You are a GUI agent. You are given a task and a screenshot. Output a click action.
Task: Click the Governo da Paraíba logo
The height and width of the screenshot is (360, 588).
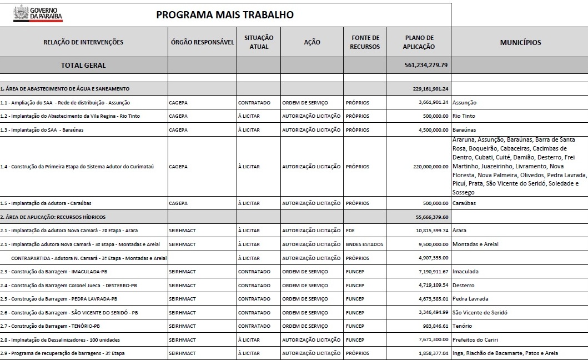38,13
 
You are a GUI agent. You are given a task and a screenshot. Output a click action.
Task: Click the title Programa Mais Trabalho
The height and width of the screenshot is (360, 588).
225,14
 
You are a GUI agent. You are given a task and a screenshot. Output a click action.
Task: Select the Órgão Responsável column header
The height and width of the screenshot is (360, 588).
202,42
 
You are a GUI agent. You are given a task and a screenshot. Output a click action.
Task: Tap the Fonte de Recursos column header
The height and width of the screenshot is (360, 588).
365,42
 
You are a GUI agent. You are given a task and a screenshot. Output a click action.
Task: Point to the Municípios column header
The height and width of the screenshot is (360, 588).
520,42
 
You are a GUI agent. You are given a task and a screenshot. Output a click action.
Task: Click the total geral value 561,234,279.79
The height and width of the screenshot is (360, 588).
426,65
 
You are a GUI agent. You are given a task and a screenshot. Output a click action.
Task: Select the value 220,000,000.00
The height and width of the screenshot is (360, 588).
426,167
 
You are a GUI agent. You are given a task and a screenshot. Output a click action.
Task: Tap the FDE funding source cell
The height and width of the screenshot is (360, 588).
350,231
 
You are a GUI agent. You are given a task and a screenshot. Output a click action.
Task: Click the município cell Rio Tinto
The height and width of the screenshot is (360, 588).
464,116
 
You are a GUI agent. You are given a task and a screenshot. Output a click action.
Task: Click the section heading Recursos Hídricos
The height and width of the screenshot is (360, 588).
53,217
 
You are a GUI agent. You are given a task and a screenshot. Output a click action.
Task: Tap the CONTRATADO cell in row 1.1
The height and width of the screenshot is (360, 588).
254,103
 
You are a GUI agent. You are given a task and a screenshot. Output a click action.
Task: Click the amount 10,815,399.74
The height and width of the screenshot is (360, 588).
428,231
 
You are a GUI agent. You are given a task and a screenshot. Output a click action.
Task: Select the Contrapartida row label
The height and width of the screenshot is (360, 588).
88,258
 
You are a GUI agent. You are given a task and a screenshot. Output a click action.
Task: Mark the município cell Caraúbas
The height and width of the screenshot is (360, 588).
464,203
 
